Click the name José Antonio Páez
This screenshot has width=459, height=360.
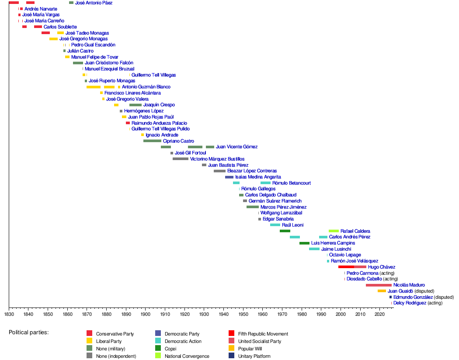(94, 3)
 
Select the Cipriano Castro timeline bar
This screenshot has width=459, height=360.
(152, 141)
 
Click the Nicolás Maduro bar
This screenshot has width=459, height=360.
(379, 285)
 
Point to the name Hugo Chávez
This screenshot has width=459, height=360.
(382, 267)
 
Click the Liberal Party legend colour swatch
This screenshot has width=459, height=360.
(89, 341)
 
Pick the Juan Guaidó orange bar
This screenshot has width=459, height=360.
(382, 291)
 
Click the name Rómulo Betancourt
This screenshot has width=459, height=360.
(292, 183)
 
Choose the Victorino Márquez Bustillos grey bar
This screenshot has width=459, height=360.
(181, 159)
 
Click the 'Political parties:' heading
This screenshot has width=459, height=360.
(28, 332)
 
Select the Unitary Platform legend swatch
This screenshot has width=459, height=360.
(231, 356)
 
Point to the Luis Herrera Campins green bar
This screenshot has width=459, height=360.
(304, 243)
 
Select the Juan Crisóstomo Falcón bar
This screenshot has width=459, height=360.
(78, 63)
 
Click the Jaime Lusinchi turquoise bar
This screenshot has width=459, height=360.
(314, 249)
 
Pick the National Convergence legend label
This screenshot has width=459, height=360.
(187, 356)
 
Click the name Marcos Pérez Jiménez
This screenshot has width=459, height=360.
(283, 207)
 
